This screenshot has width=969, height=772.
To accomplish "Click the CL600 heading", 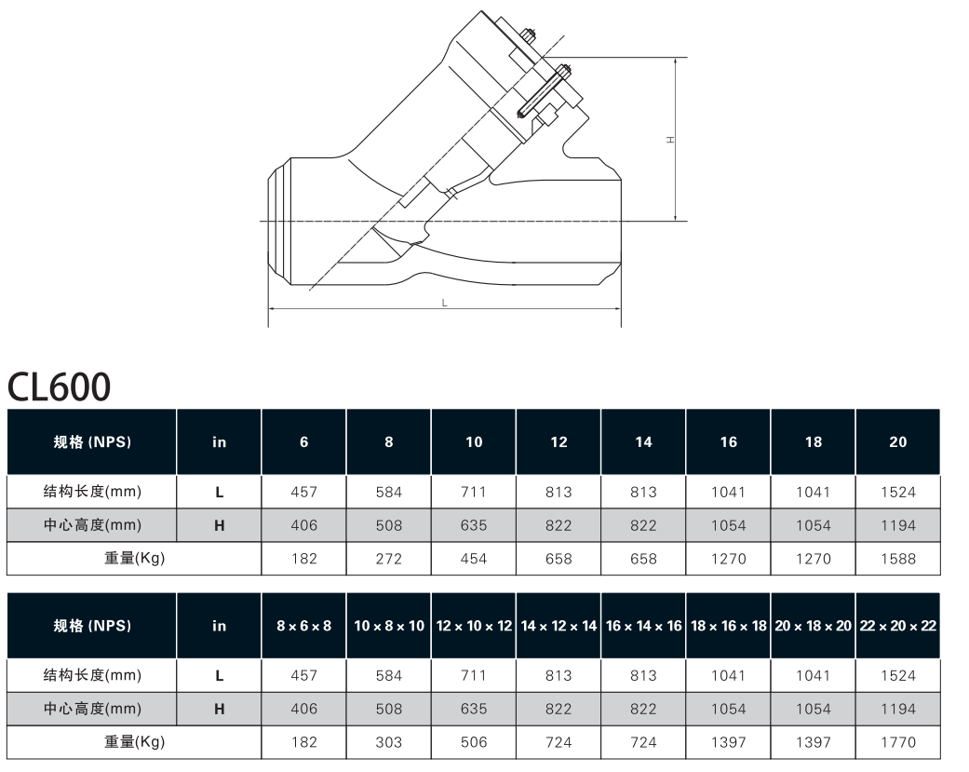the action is click(59, 386).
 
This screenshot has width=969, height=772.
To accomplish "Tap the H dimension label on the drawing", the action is click(670, 141).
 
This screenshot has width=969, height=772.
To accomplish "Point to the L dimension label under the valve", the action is click(444, 303).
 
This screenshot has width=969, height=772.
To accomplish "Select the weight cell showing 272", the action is click(389, 559).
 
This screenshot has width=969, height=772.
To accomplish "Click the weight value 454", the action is click(474, 559).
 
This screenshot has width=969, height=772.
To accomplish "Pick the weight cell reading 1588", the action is click(898, 559).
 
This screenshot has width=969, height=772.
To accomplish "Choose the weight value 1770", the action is click(898, 742).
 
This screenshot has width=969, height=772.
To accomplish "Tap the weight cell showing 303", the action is click(389, 742).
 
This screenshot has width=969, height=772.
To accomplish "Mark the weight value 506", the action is click(474, 742).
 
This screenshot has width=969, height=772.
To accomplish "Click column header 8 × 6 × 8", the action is click(304, 626).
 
